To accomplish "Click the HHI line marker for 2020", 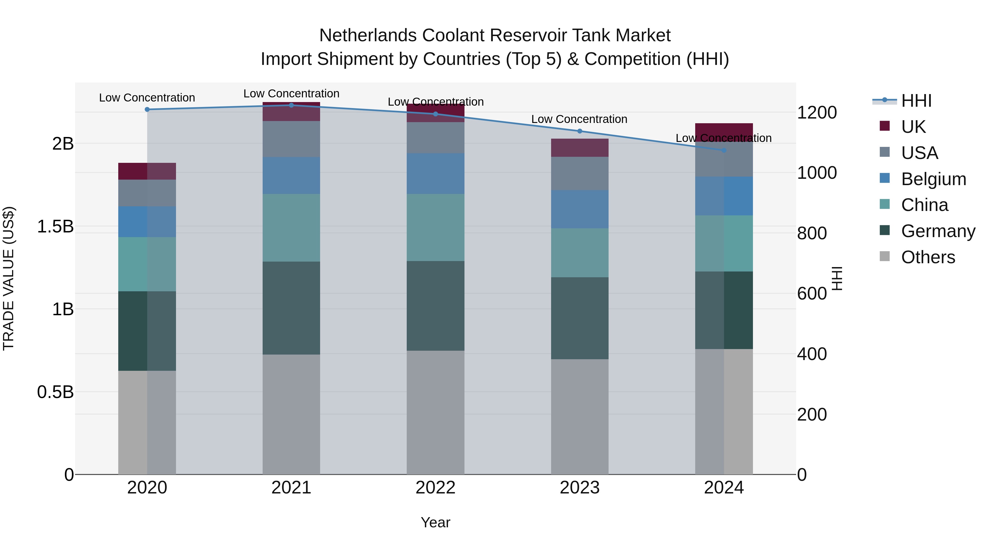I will point(147,109).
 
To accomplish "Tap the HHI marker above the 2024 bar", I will point(724,150).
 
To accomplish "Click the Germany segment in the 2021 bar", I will point(291,308).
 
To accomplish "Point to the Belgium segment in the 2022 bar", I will point(435,174).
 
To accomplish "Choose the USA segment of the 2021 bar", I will point(291,139).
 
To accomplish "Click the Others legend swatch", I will point(885,256).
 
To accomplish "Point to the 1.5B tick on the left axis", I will point(55,226).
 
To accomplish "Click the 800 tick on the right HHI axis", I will point(812,233).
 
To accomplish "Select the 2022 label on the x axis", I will point(435,488).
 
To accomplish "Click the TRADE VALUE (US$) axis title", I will point(9,278).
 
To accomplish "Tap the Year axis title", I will point(435,522).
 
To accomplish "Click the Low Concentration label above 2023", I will point(579,119).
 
